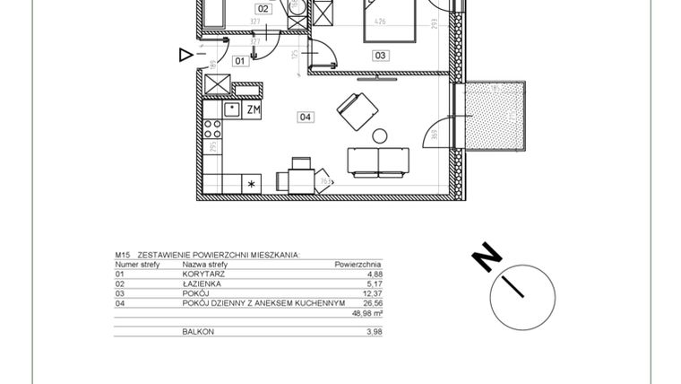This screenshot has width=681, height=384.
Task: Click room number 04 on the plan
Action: coord(305,116)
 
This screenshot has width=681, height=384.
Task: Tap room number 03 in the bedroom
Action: coord(381,56)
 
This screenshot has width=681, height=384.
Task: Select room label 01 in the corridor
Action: coord(239,61)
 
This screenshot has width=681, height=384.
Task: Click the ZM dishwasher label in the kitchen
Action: coord(254,109)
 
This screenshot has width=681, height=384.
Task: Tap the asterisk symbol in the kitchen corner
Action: coord(252,184)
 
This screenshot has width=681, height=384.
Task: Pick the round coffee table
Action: coord(379,136)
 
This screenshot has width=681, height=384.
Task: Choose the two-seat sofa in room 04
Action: coord(378,161)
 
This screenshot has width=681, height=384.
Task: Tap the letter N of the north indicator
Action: coord(487,258)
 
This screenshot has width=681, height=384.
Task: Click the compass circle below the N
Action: coord(522,295)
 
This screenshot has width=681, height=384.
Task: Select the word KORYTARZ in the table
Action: coord(203,275)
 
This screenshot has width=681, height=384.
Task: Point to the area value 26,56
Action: coord(371,303)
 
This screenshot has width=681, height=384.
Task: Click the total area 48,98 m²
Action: coord(366,313)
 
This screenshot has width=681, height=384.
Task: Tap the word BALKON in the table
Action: coord(198,332)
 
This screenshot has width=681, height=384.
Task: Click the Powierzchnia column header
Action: coord(358,266)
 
